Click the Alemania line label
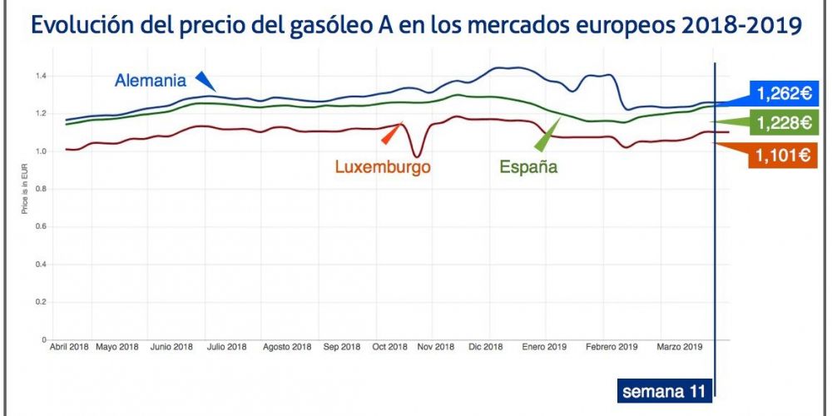click(151, 81)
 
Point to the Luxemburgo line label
click(383, 166)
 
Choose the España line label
click(528, 167)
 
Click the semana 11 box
click(662, 391)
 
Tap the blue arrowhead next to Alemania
click(205, 81)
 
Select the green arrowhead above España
click(549, 131)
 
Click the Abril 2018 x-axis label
click(69, 346)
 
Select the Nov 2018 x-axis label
click(436, 346)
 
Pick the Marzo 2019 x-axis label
click(681, 346)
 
